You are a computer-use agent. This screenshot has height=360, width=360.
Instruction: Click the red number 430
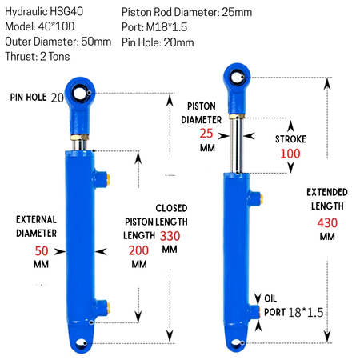pos(327,223)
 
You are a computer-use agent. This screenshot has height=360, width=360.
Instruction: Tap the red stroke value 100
pos(290,154)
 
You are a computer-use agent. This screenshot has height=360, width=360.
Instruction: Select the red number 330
pos(170,236)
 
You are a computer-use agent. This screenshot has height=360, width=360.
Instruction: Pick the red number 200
pos(138,250)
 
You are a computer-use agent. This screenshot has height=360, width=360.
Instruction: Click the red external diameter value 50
pos(42,251)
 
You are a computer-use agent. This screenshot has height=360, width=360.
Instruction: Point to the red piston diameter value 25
pos(206,134)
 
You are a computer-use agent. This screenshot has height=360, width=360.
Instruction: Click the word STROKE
pos(290,139)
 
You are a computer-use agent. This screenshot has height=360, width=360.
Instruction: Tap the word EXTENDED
pos(327,192)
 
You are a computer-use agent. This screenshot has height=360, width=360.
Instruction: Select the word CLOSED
pos(171,208)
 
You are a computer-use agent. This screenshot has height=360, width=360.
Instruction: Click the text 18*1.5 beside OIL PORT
pos(306,313)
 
